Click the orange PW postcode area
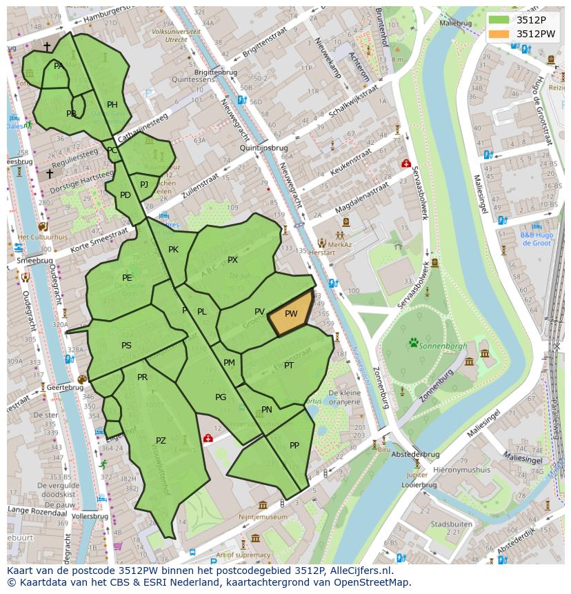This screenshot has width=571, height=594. coord(291,315)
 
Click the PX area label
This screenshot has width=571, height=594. coord(232,260)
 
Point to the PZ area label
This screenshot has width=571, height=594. coord(161,441)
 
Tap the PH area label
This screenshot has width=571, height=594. coord(112,105)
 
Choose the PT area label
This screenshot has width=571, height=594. coord(288,365)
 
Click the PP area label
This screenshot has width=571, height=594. coord(294,445)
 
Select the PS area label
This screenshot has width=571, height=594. coord(126,346)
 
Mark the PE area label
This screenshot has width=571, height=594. coord(127,278)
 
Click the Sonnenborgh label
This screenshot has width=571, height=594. coord(443,346)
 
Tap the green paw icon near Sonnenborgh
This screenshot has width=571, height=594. coord(414,341)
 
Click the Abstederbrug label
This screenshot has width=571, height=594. coord(414,455)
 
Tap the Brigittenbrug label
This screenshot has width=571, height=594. coord(216,71)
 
